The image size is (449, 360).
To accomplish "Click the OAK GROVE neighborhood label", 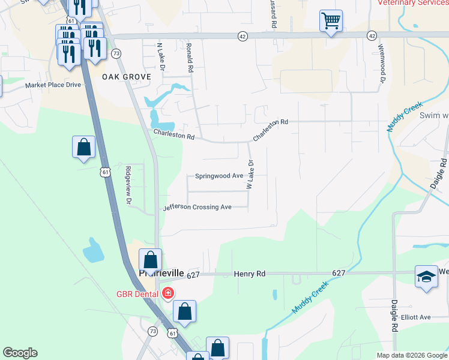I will (126, 77).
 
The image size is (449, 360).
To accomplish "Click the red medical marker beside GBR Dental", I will (167, 293).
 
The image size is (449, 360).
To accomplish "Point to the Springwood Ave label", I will (219, 176).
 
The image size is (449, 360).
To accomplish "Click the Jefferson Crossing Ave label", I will (197, 207).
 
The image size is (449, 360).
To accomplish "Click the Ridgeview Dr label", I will (127, 186).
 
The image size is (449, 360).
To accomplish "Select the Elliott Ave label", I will (417, 317).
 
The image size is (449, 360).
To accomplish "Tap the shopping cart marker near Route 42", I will (331, 22).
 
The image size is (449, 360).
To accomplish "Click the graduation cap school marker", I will (426, 277).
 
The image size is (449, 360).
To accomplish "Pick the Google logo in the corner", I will (20, 353).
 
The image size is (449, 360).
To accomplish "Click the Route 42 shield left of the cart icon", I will (242, 36).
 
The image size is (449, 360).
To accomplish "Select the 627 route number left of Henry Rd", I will (193, 275).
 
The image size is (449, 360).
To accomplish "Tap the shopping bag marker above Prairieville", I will (150, 260).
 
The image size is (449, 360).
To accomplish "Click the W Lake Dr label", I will (250, 174).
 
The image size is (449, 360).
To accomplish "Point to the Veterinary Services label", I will (414, 3).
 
